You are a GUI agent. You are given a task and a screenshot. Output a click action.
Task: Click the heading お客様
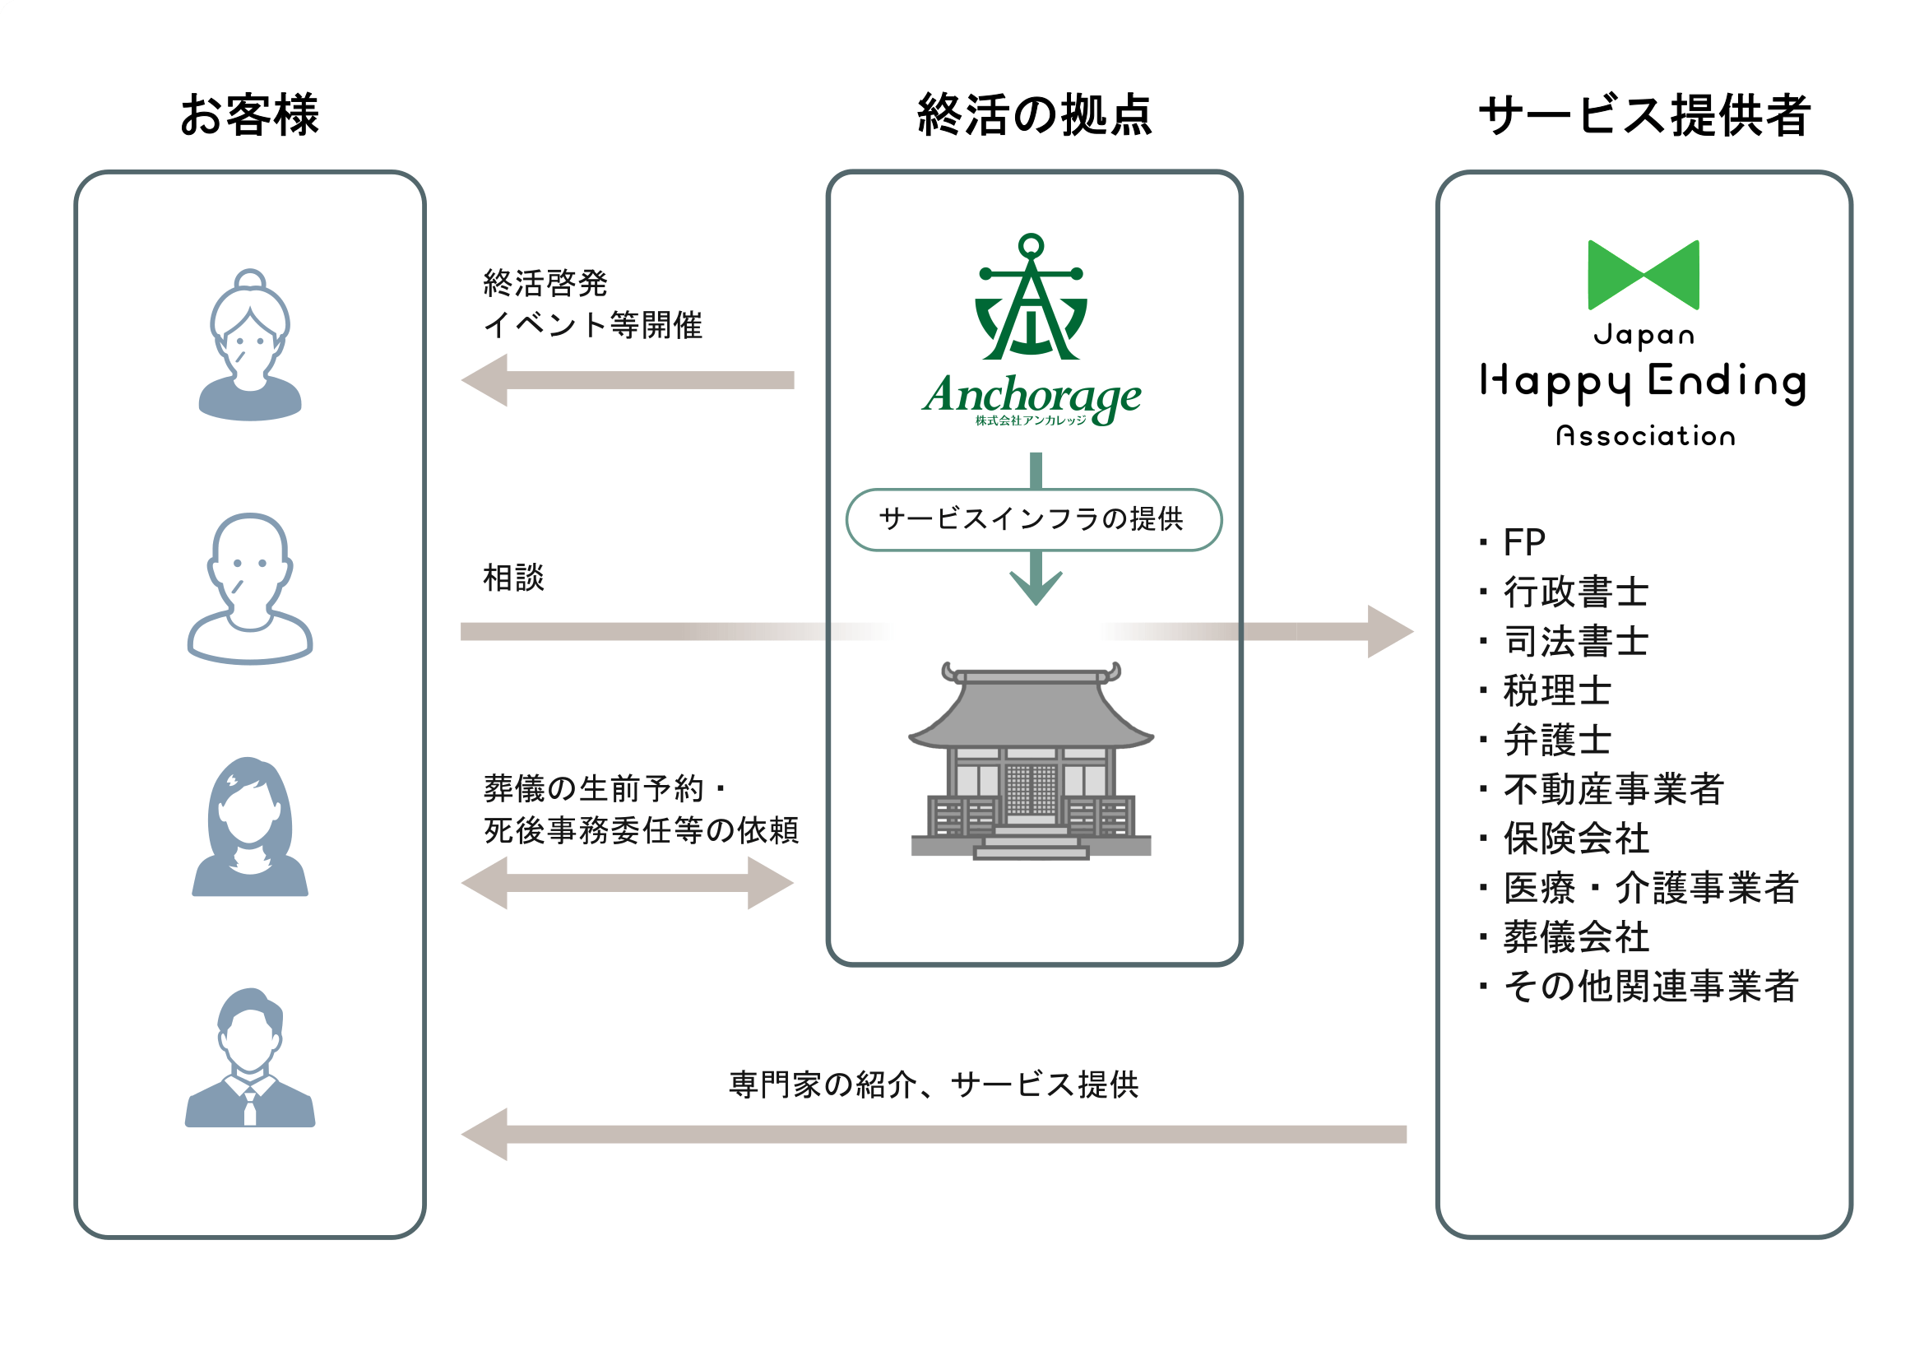(x=249, y=115)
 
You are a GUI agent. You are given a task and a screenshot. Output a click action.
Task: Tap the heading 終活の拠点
(x=1034, y=115)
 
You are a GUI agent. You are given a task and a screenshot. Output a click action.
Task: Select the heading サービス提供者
(x=1644, y=115)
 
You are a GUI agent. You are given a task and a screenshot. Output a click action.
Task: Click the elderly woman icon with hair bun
(x=250, y=345)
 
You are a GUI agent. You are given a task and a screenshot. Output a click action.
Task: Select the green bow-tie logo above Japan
(x=1644, y=275)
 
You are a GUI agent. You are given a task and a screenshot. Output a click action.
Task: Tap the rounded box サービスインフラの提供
(x=1033, y=519)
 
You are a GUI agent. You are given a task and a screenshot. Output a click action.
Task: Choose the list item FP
(x=1523, y=542)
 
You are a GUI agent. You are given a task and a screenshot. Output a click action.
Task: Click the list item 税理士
(x=1556, y=690)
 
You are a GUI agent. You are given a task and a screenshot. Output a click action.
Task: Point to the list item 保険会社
(x=1575, y=838)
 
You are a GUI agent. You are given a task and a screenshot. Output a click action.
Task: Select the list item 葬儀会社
(x=1575, y=937)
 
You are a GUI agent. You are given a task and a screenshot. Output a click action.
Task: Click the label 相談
(x=512, y=578)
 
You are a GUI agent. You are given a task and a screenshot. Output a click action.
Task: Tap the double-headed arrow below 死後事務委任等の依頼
(x=627, y=882)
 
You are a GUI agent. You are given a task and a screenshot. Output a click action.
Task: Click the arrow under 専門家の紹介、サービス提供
(x=933, y=1134)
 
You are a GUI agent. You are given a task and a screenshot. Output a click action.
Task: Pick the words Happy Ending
(x=1644, y=382)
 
